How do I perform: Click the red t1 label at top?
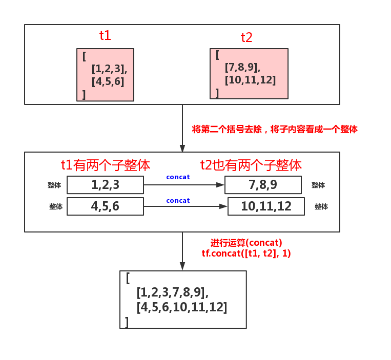pos(105,35)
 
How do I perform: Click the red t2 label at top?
pos(246,37)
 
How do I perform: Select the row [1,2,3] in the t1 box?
pos(109,69)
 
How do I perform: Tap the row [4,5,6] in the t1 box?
pos(108,81)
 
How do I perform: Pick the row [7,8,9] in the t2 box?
pos(243,67)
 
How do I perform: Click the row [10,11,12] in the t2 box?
pos(250,80)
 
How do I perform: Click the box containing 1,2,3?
pos(105,185)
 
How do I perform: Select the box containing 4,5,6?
pos(105,206)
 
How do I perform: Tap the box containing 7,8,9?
pos(263,185)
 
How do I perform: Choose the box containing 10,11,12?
pos(266,206)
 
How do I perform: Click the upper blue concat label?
pos(178,177)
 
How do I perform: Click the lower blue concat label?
pos(178,201)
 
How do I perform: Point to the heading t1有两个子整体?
pos(105,165)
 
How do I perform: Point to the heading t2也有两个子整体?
pos(251,165)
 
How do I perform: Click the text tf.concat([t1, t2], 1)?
pos(246,253)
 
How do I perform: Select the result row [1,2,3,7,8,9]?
pos(172,293)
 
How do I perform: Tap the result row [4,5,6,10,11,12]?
pos(181,308)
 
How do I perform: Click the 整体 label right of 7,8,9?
pos(318,185)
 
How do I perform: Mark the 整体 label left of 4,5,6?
pos(56,207)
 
